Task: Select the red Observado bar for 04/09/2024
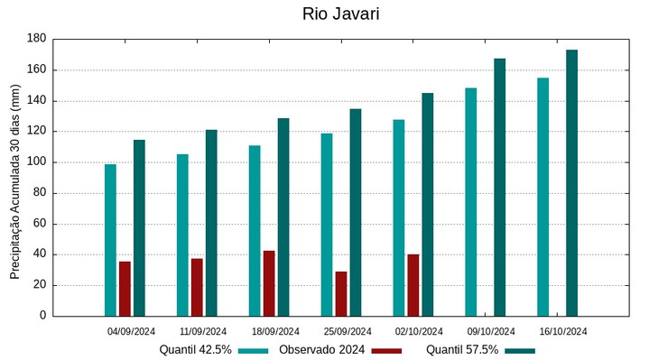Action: pos(125,289)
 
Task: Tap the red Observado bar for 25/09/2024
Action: pos(341,293)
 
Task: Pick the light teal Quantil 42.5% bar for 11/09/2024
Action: pos(182,235)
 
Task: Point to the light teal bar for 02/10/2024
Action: pos(399,217)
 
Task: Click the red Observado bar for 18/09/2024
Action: pos(269,283)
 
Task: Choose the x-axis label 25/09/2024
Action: pos(347,331)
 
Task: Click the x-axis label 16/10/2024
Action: pos(563,331)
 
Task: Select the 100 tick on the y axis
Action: pos(36,162)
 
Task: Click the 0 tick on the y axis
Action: pos(42,316)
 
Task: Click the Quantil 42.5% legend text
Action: pos(196,349)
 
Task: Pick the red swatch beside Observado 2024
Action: pos(386,350)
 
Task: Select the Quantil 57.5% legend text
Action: pos(462,349)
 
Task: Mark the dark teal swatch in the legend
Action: pos(520,350)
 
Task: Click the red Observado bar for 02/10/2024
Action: pos(413,285)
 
